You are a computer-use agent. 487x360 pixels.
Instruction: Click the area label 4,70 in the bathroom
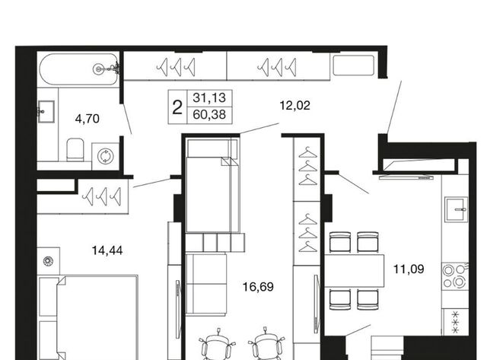click(x=88, y=119)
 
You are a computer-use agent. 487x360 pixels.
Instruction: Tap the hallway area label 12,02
click(x=294, y=106)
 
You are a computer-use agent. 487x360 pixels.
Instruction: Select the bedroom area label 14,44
click(x=107, y=250)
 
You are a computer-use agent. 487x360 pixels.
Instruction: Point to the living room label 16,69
click(x=258, y=287)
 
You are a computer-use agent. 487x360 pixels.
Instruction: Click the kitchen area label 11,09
click(x=409, y=269)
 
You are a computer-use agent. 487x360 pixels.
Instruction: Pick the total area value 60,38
click(x=209, y=115)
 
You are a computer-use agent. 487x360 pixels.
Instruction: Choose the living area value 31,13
click(x=209, y=98)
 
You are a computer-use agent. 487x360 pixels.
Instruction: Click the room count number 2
click(x=177, y=108)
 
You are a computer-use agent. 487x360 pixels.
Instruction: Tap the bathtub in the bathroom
click(x=79, y=69)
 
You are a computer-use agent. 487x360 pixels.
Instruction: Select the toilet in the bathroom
click(x=75, y=149)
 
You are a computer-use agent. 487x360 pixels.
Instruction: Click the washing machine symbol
click(x=105, y=156)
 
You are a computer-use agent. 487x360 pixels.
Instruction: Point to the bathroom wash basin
click(x=46, y=112)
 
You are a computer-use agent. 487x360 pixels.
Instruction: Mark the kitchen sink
click(x=456, y=209)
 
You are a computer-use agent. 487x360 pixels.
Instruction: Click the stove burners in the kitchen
click(x=455, y=276)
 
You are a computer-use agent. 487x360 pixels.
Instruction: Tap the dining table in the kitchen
click(x=355, y=270)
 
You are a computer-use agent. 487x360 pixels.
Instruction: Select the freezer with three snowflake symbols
click(x=455, y=322)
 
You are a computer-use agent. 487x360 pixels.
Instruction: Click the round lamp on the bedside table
click(x=48, y=260)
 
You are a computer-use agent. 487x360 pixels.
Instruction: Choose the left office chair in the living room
click(x=217, y=344)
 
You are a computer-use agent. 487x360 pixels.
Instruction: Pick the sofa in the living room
click(x=206, y=285)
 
